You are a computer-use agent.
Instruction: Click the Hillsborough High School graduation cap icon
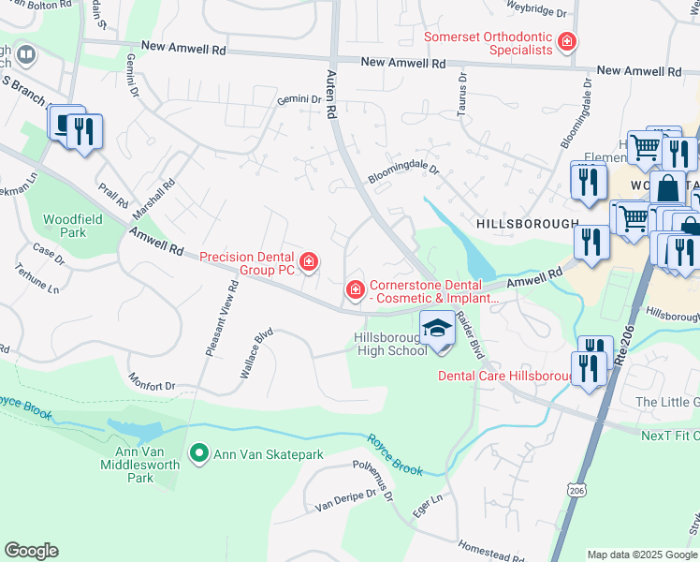(436, 329)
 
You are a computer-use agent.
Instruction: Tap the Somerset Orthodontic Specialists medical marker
(566, 41)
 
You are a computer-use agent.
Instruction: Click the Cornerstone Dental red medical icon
(355, 291)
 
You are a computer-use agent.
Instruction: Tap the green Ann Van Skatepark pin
(198, 454)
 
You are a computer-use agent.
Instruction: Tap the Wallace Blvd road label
(255, 351)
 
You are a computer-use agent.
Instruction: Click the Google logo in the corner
(31, 551)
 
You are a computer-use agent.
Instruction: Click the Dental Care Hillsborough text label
(505, 376)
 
